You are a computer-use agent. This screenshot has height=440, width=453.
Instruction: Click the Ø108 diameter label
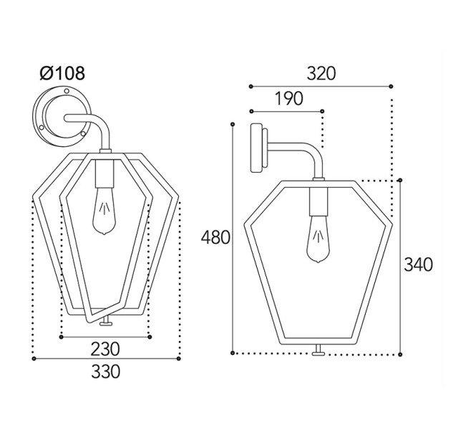click(x=62, y=73)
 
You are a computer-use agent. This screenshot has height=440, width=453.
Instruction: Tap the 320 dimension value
click(x=321, y=73)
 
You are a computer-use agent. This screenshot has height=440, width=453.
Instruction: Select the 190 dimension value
click(x=288, y=98)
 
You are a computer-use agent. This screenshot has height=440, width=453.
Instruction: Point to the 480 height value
click(x=215, y=238)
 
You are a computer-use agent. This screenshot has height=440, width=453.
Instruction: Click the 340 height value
click(x=419, y=264)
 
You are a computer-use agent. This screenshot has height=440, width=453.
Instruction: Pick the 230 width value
click(x=105, y=349)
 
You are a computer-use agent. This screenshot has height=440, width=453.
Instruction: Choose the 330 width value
click(x=105, y=371)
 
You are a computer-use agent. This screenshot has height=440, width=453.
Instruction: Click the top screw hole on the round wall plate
click(x=67, y=91)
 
